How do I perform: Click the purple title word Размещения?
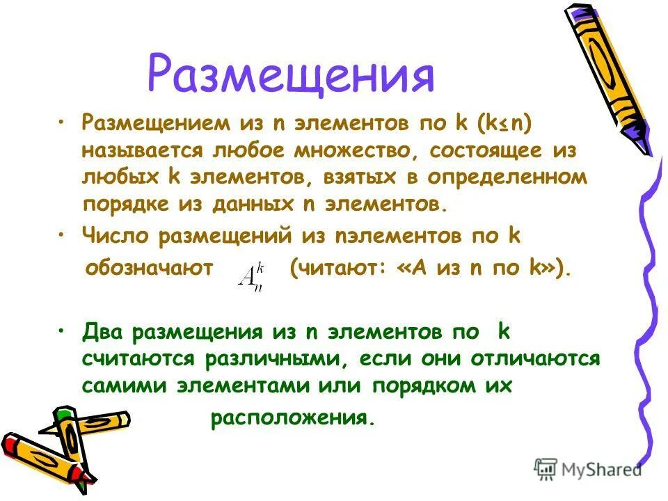291,74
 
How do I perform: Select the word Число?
115,236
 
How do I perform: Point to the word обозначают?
148,269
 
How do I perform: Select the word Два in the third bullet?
100,332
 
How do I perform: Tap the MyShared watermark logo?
588,468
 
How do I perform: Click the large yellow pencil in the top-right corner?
612,77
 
